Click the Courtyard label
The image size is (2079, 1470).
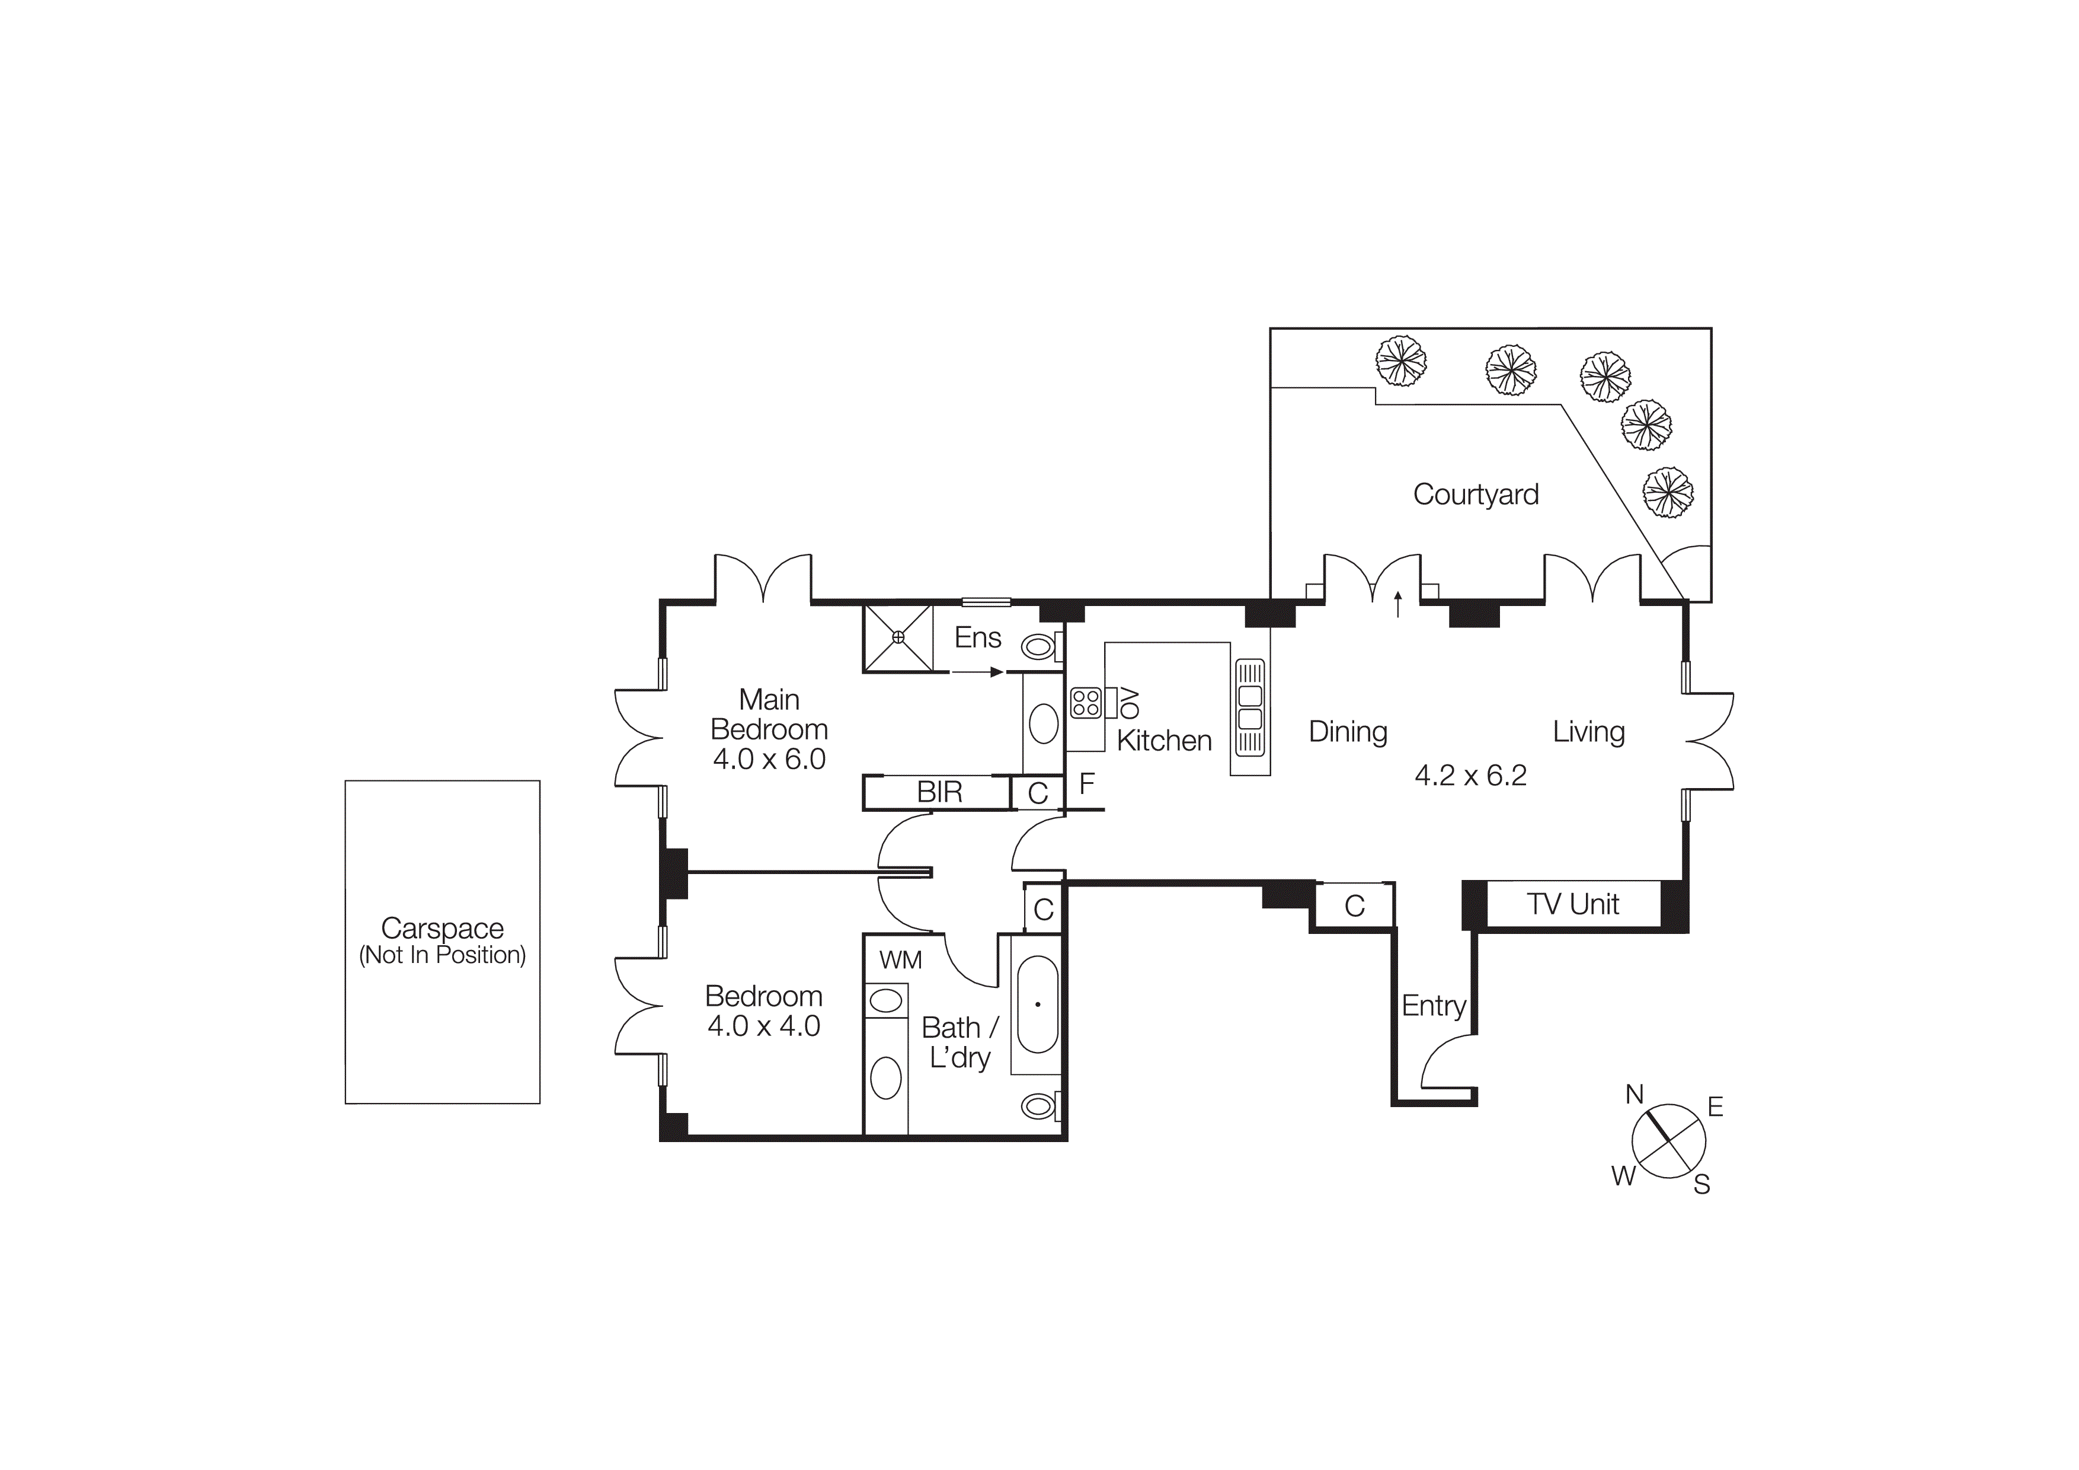click(1475, 495)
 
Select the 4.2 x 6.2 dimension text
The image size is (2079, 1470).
click(1470, 775)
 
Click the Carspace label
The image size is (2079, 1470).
click(442, 929)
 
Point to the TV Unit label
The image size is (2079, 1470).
click(1573, 904)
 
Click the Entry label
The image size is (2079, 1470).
click(1434, 1005)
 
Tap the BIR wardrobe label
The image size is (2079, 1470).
click(939, 792)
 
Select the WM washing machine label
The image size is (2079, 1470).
click(900, 960)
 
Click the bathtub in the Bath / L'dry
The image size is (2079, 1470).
click(1038, 1005)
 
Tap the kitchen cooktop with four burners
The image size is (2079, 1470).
click(1086, 703)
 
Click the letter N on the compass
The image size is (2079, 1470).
click(1633, 1095)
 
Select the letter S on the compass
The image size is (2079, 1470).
click(1701, 1185)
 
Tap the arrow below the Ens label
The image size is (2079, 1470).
click(977, 672)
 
